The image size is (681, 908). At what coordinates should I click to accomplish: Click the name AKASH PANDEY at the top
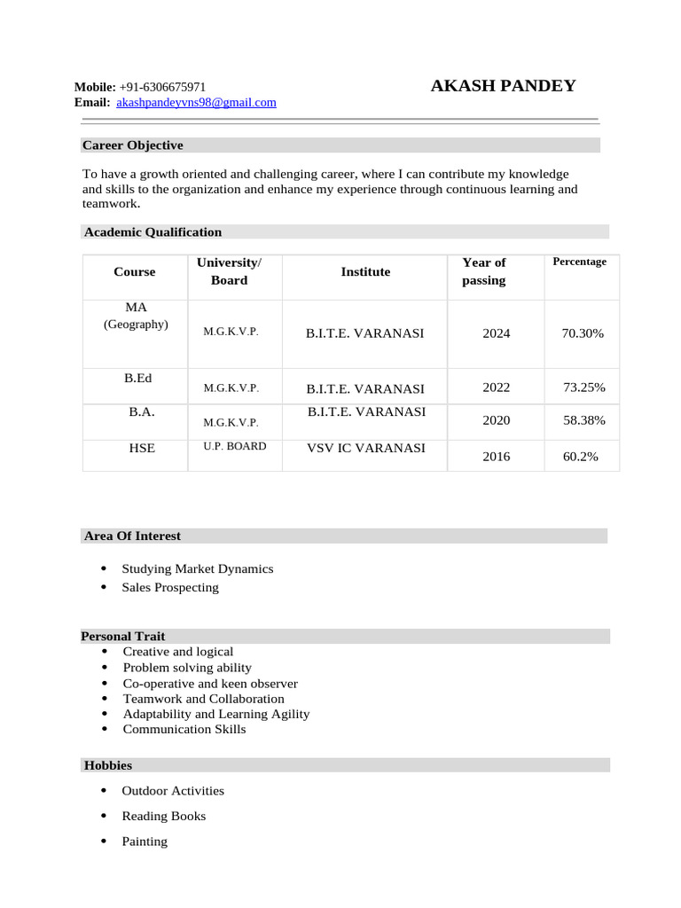503,86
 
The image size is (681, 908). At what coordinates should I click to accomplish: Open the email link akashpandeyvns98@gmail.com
196,103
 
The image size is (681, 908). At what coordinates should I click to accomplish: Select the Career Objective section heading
132,145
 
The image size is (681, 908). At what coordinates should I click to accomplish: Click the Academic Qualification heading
153,232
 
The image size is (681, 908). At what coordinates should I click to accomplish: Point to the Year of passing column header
483,271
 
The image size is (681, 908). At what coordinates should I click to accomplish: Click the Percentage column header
579,262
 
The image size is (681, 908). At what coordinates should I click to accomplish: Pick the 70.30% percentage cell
583,333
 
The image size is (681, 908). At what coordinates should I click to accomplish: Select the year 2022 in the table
496,387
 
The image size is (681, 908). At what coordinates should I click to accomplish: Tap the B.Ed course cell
137,378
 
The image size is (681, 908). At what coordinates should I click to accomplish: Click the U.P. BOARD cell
234,446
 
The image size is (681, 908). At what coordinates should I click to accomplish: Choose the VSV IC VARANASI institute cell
365,448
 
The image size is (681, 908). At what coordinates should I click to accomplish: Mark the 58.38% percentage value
583,420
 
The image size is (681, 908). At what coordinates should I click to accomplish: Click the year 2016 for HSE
496,457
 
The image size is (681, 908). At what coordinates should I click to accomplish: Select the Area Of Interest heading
132,536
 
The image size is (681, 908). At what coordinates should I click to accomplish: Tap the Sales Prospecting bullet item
170,587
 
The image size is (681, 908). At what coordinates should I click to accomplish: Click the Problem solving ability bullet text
187,668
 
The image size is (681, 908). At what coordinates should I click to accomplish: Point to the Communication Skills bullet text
184,730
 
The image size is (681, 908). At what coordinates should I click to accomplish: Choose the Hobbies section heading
108,765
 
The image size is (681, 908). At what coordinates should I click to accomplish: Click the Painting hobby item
145,841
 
